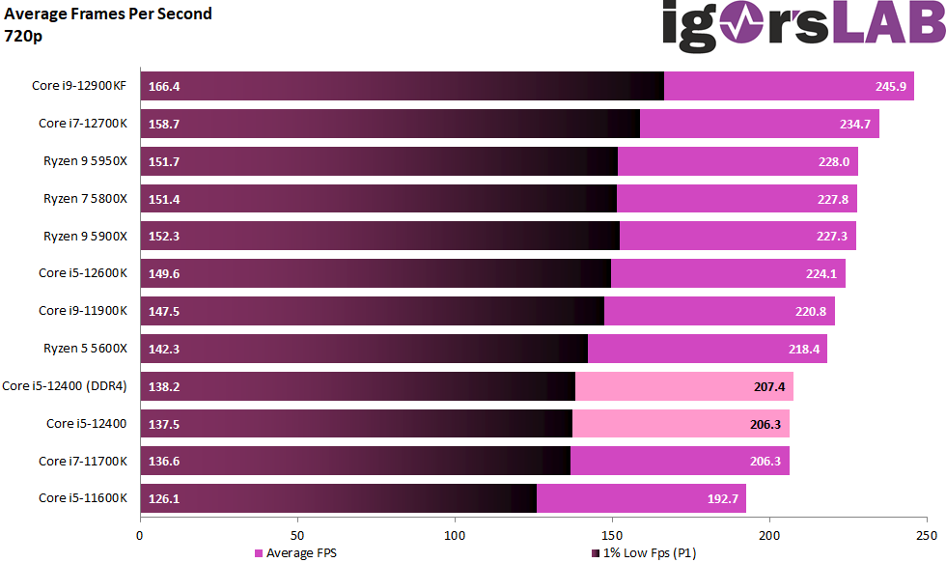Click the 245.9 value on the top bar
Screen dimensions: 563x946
click(x=891, y=86)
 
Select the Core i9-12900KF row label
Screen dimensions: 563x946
click(x=79, y=86)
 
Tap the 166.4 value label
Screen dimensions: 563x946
click(x=164, y=86)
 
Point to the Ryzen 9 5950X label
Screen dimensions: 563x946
click(x=85, y=161)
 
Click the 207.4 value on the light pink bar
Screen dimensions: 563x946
click(x=770, y=386)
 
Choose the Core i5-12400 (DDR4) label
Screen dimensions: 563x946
click(x=65, y=386)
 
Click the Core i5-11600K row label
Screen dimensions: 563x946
click(x=83, y=499)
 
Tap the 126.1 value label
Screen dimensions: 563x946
click(x=164, y=499)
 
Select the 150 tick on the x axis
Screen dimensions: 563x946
click(x=612, y=533)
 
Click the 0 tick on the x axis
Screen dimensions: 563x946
click(x=141, y=533)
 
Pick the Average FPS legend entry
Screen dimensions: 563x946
click(x=295, y=553)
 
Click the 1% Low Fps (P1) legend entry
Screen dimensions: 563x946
click(x=642, y=553)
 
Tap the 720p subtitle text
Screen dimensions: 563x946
click(x=23, y=36)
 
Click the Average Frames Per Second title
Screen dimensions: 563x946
click(x=108, y=14)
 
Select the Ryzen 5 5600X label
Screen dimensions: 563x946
click(x=85, y=349)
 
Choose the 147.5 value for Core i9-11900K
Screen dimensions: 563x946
click(x=164, y=311)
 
